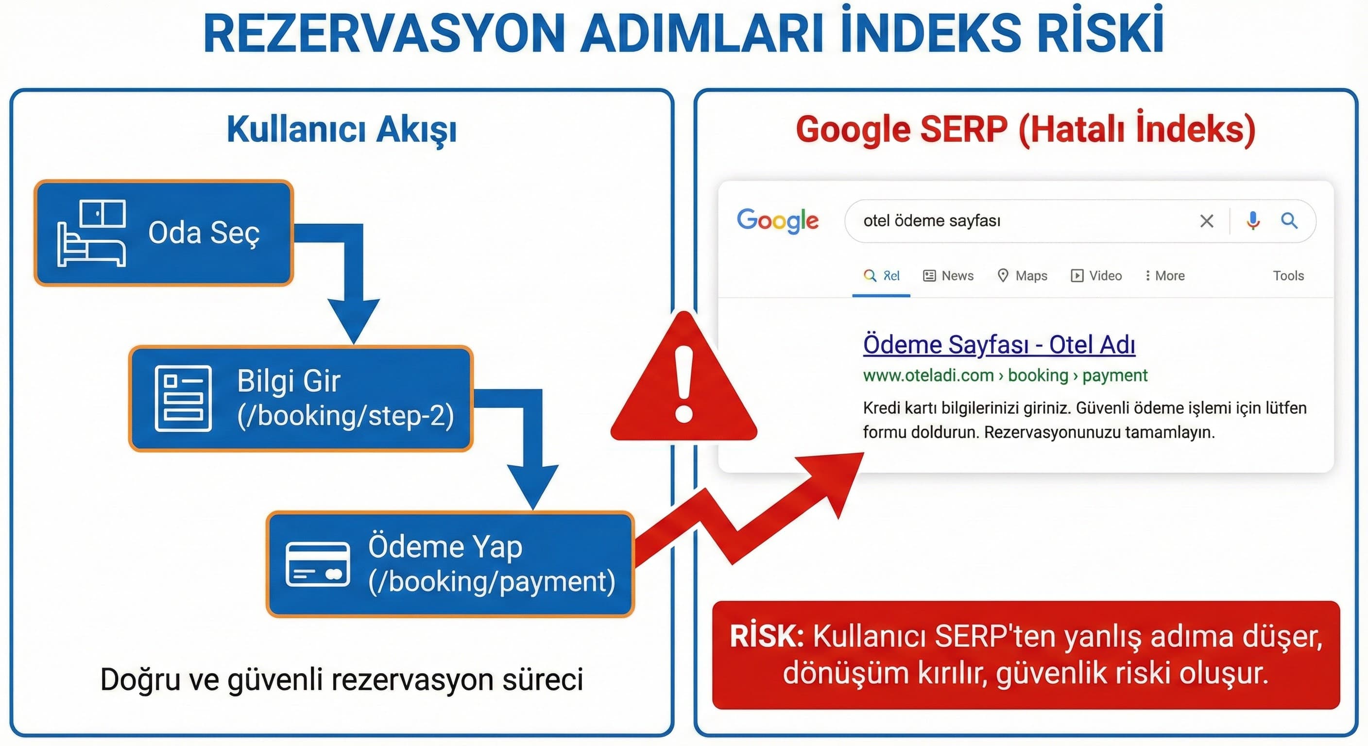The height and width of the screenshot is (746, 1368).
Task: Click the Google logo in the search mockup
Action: click(777, 220)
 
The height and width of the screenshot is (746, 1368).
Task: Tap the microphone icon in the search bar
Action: click(1253, 220)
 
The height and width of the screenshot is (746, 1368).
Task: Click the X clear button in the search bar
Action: click(1207, 221)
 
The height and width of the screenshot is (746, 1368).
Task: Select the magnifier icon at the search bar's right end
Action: click(1289, 220)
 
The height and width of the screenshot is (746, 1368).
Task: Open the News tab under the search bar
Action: click(948, 275)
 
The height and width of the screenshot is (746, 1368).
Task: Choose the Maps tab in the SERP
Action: click(1022, 275)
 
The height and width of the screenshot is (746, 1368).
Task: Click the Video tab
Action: click(1096, 275)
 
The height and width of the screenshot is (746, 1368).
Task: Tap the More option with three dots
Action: click(1164, 275)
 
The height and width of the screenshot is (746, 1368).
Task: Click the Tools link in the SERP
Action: click(1288, 275)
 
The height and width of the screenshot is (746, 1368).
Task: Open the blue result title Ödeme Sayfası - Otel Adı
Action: click(998, 345)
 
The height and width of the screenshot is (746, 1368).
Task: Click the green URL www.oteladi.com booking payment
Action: click(1005, 375)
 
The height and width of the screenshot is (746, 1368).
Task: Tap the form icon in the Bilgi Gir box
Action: click(183, 398)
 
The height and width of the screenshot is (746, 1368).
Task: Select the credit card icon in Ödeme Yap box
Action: click(318, 564)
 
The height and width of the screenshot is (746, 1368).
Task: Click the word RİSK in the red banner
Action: click(766, 636)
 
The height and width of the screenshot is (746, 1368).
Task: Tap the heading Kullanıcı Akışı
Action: click(342, 129)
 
